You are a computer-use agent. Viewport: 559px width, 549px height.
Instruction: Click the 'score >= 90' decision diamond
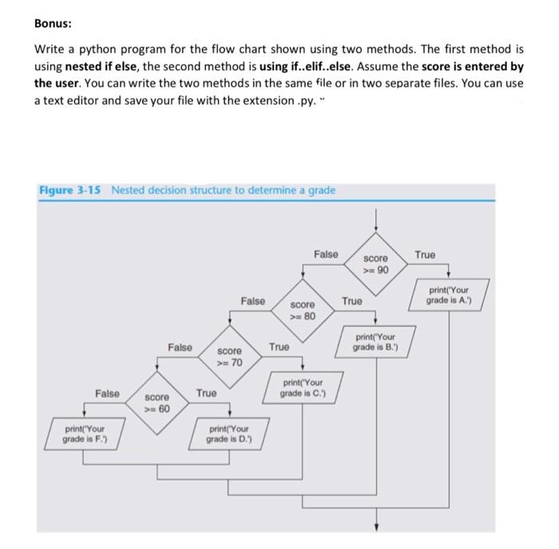tap(376, 265)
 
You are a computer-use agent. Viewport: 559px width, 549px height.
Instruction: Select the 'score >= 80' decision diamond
tap(303, 310)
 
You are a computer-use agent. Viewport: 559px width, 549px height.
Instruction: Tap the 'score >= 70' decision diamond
tap(229, 356)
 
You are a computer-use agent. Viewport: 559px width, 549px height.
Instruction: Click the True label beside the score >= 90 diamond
tap(425, 255)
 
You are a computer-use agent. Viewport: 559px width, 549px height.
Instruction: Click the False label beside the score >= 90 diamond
tap(326, 254)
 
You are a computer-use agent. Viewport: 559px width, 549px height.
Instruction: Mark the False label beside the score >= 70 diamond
tap(180, 347)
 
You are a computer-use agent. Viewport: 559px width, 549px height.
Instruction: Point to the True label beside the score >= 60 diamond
tap(205, 393)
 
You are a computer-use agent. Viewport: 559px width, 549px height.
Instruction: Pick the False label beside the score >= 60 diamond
tap(107, 393)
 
